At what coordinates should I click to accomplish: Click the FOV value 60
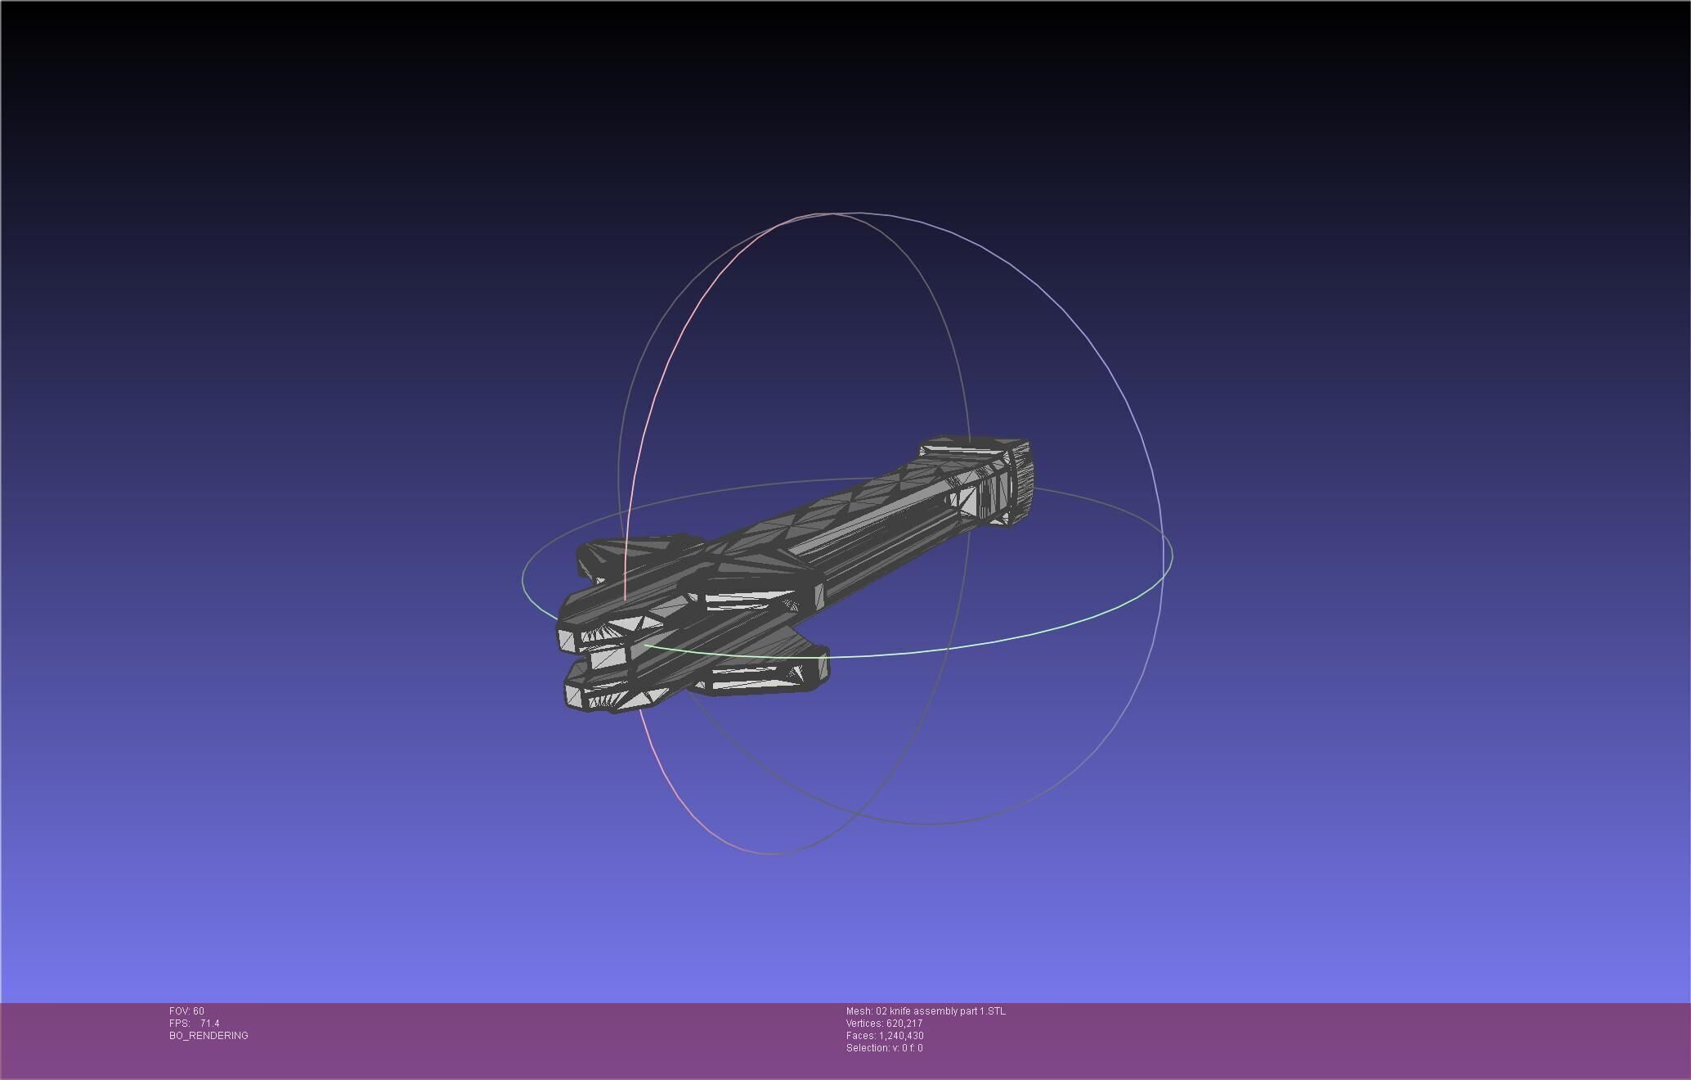(199, 1011)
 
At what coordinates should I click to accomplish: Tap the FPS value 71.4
(209, 1024)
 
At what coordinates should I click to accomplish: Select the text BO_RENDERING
(209, 1036)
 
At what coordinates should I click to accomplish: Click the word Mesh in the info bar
(859, 1011)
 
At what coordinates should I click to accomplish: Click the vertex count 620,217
(904, 1024)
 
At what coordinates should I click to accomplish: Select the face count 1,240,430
(901, 1036)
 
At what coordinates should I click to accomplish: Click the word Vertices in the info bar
(864, 1024)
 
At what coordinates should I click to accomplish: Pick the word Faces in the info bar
(860, 1036)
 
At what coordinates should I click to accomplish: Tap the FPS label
(179, 1024)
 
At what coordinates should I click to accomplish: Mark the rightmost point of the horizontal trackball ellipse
(1173, 555)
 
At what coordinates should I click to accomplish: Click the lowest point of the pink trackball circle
(773, 854)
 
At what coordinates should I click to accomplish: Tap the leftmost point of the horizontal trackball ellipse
(523, 579)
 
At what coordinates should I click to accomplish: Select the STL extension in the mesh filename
(997, 1011)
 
